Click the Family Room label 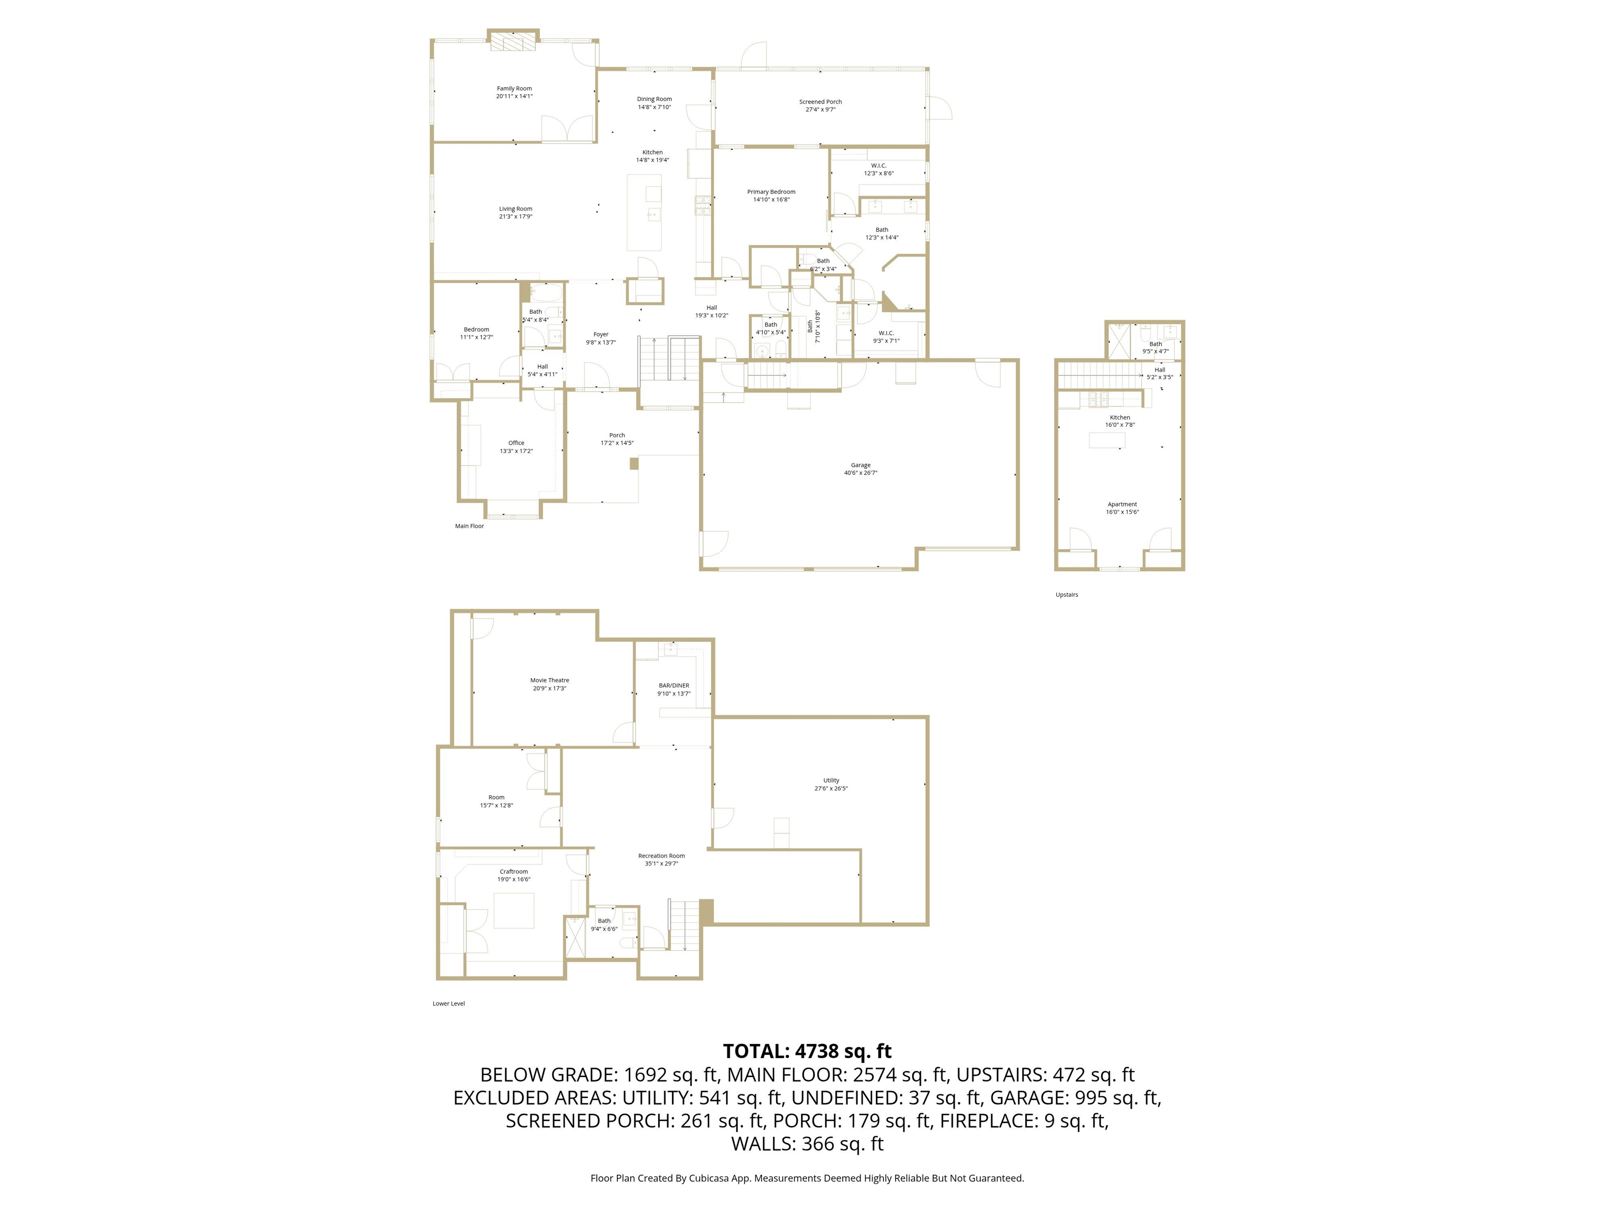click(514, 88)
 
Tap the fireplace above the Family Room click(513, 43)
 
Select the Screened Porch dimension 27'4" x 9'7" click(821, 109)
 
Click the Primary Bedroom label click(771, 192)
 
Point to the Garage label click(860, 465)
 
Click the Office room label click(516, 443)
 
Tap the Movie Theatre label click(549, 680)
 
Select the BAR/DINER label click(673, 685)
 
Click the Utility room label click(831, 781)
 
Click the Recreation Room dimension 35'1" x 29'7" click(661, 864)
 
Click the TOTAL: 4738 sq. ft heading click(807, 1051)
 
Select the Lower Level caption click(448, 1004)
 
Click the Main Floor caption click(469, 526)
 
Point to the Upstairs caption click(1066, 595)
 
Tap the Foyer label click(600, 334)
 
